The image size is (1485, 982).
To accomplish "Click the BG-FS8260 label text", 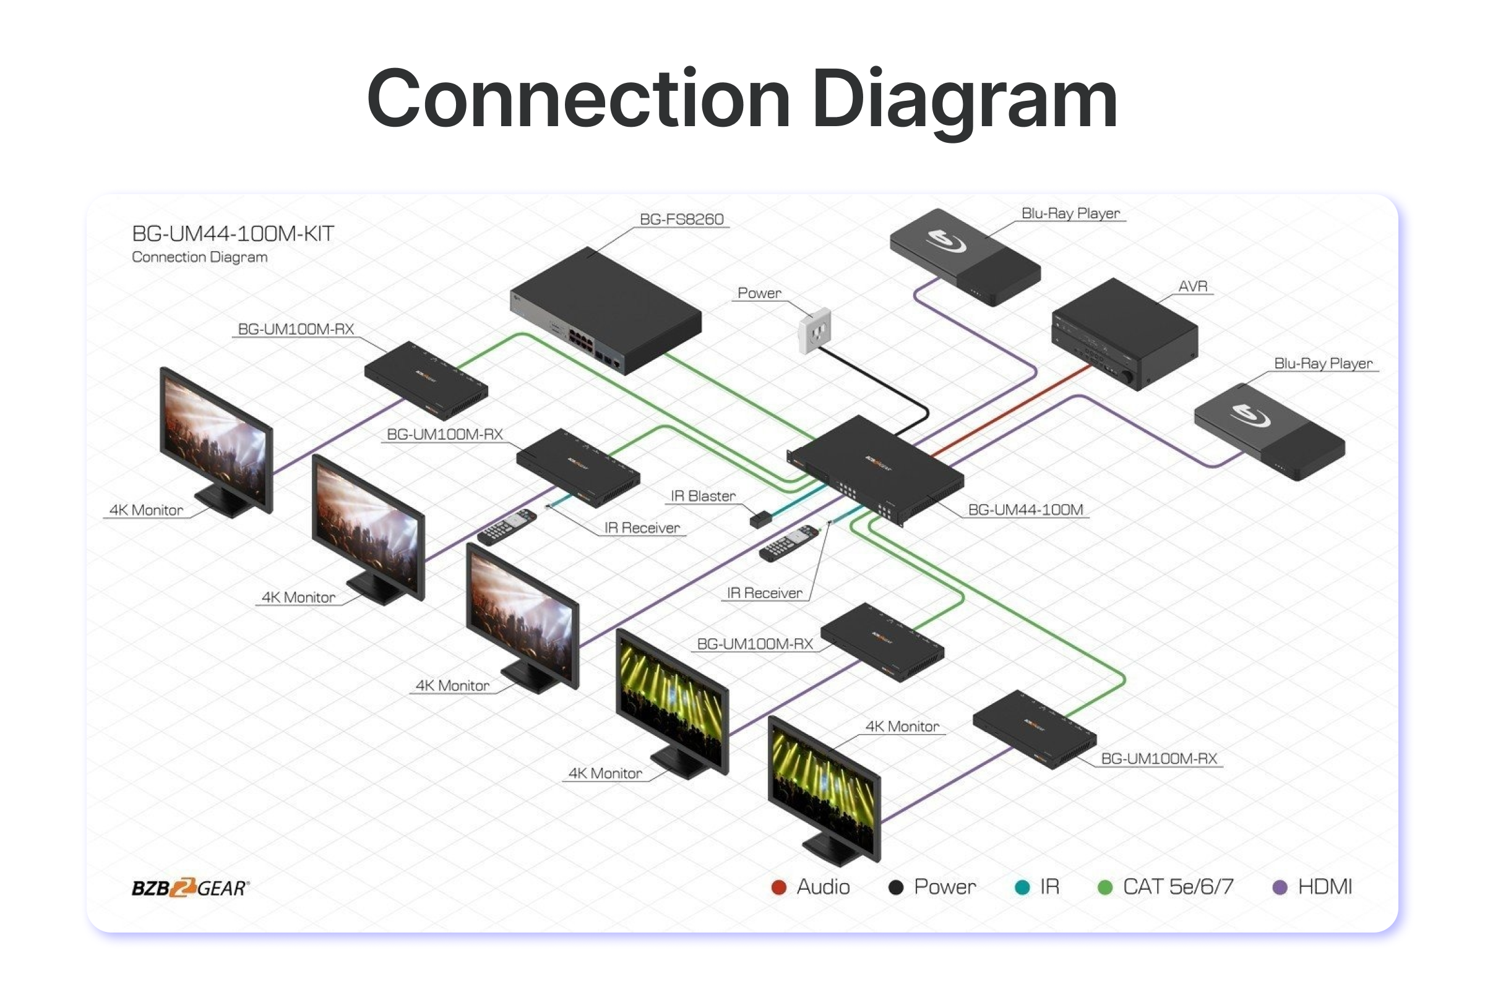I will pyautogui.click(x=681, y=219).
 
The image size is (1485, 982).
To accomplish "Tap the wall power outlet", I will pyautogui.click(x=814, y=331).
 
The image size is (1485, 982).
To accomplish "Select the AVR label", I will pyautogui.click(x=1192, y=286).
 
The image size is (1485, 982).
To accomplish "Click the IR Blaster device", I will pyautogui.click(x=760, y=519).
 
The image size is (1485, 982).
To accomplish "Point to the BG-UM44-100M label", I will pyautogui.click(x=1025, y=510).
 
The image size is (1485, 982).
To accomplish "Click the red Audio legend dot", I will pyautogui.click(x=779, y=887).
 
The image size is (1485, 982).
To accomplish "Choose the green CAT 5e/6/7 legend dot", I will pyautogui.click(x=1105, y=887).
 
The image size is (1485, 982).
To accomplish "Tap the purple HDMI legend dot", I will pyautogui.click(x=1280, y=887).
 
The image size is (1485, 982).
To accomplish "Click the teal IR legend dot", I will pyautogui.click(x=1022, y=887).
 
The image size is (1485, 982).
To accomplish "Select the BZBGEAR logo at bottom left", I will pyautogui.click(x=190, y=888).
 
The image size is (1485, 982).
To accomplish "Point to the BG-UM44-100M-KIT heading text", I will pyautogui.click(x=233, y=234).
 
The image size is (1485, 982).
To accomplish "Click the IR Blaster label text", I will pyautogui.click(x=703, y=496).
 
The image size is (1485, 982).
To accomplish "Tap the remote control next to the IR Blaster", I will pyautogui.click(x=788, y=542).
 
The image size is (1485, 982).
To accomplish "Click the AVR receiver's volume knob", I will pyautogui.click(x=1126, y=378).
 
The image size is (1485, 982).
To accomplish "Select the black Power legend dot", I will pyautogui.click(x=896, y=887).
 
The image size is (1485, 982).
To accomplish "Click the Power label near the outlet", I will pyautogui.click(x=759, y=292).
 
